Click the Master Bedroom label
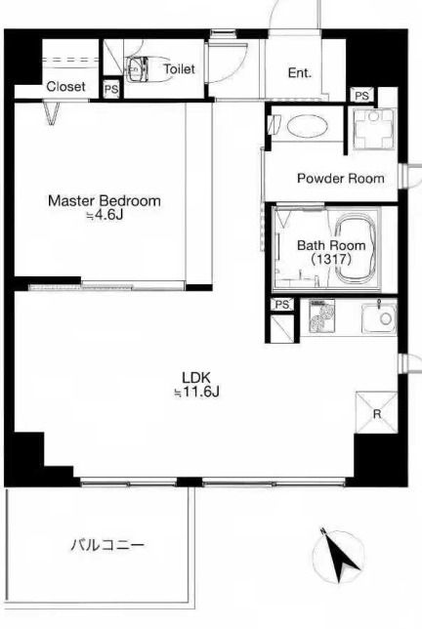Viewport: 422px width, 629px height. coord(105,200)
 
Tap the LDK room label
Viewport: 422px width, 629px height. coord(196,377)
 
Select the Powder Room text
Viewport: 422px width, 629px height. coord(341,178)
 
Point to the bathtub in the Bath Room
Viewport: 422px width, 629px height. coord(356,249)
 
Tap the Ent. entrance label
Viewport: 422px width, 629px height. coord(300,73)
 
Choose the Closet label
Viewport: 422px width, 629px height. coord(66,87)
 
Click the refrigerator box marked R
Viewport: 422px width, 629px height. coord(376,412)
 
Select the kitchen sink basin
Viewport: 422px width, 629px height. coord(379,318)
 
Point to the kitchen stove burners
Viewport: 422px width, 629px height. coord(322,315)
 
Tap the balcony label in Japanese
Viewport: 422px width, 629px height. coord(107,545)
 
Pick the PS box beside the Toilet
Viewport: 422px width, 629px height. coord(111,89)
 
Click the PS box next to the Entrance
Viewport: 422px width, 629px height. coord(362,96)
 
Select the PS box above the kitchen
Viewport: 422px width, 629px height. coord(282,305)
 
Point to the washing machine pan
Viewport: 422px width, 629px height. coord(374,129)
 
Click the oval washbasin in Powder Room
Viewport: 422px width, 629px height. coord(308,126)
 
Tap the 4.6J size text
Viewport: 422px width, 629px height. coord(105,216)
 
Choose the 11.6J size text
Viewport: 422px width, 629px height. coord(196,392)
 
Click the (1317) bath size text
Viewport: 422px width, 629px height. coord(331,259)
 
